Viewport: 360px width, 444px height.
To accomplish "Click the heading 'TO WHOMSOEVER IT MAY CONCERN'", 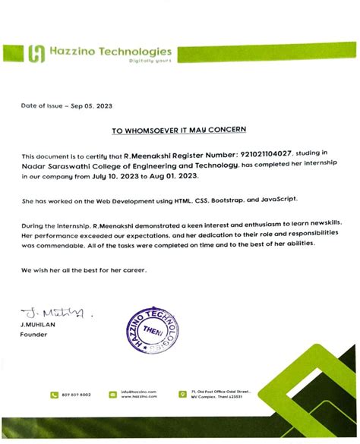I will coord(179,131).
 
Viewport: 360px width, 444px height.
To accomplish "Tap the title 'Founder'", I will coord(34,334).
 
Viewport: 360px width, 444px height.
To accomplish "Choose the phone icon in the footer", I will coord(55,395).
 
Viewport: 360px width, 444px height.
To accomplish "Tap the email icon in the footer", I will coord(113,395).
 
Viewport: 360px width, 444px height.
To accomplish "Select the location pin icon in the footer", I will coord(183,395).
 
